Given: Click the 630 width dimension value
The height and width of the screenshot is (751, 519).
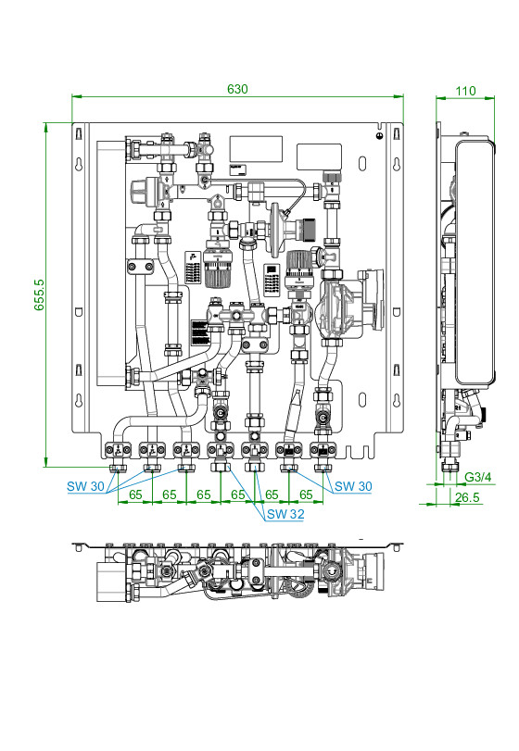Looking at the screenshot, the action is [237, 89].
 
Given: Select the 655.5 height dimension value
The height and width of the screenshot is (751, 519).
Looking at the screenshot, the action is [39, 295].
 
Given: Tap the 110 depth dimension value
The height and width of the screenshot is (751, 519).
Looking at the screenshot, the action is [465, 91].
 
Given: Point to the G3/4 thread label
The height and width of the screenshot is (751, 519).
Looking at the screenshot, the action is [478, 477].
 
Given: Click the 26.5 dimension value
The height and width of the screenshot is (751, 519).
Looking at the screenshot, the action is [467, 497].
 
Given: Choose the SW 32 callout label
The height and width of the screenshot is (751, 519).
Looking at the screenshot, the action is [285, 514].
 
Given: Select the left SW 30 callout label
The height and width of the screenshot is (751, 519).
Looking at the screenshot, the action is [85, 486].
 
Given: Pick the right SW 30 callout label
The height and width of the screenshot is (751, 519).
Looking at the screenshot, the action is [353, 486].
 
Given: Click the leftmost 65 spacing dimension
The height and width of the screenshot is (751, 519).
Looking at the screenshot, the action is [135, 494].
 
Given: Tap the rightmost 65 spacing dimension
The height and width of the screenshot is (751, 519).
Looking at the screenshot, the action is [306, 494].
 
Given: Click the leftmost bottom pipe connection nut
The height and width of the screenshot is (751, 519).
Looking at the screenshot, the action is [118, 468].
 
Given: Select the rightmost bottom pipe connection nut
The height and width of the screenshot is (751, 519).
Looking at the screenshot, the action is [323, 468].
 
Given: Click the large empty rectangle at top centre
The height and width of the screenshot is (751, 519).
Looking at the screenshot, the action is [256, 149].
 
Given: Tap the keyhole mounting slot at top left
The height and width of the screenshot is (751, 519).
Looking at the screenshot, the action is [79, 164].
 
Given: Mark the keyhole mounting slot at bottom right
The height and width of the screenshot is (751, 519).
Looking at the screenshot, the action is [397, 400].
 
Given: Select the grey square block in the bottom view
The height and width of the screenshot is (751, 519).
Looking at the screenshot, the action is [111, 582].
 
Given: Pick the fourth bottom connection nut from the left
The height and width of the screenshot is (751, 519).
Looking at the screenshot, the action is [221, 468].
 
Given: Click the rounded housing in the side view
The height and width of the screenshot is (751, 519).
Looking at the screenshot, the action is [474, 261].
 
